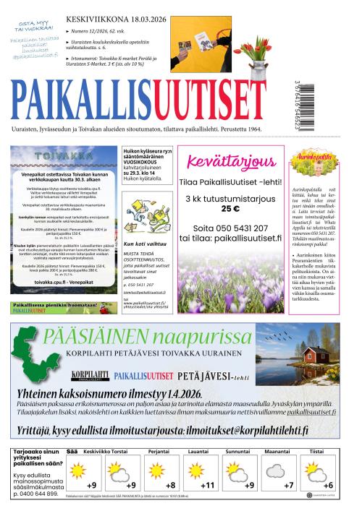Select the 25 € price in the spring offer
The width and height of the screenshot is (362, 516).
(230, 208)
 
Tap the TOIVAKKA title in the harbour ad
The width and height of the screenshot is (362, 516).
(57, 154)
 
